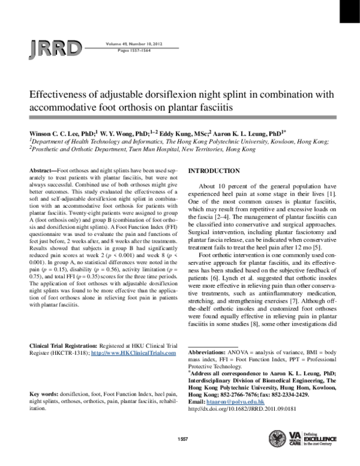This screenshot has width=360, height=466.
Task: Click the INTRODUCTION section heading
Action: coord(215,171)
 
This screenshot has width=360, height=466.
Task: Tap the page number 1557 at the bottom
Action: coord(184,440)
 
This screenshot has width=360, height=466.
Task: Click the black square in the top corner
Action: coord(349,11)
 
